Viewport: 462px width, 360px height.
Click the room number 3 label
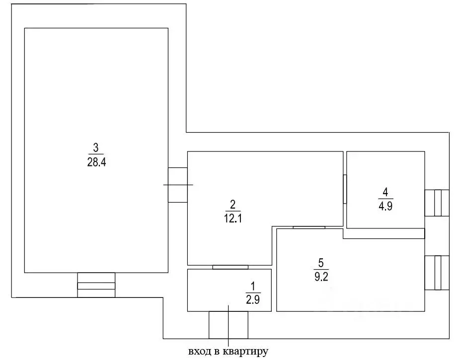point(96,147)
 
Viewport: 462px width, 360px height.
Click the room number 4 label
point(385,192)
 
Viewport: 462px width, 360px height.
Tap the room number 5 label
point(321,263)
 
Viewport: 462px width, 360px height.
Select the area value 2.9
point(253,299)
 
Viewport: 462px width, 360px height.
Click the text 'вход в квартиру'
point(228,352)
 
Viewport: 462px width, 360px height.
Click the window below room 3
point(96,285)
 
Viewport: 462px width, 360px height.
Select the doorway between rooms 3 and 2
point(177,185)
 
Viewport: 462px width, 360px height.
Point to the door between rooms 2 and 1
point(230,267)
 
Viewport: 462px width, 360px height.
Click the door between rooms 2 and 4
point(345,189)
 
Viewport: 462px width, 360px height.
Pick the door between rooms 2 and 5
point(309,227)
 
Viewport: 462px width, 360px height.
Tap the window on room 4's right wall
point(437,203)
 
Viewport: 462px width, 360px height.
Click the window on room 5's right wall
point(437,273)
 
